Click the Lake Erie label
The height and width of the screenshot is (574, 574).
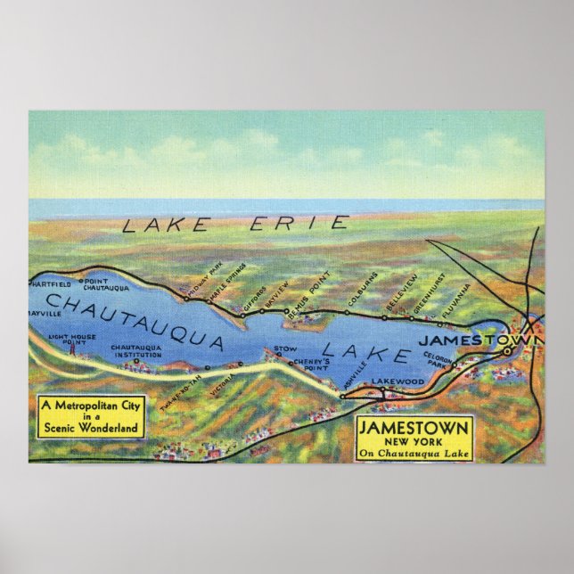[x=234, y=224]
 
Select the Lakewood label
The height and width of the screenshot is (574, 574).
[x=397, y=381]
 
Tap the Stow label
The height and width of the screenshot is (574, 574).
[x=285, y=348]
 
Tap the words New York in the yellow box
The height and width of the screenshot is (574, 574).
[x=413, y=442]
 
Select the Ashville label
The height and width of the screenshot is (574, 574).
[x=354, y=380]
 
